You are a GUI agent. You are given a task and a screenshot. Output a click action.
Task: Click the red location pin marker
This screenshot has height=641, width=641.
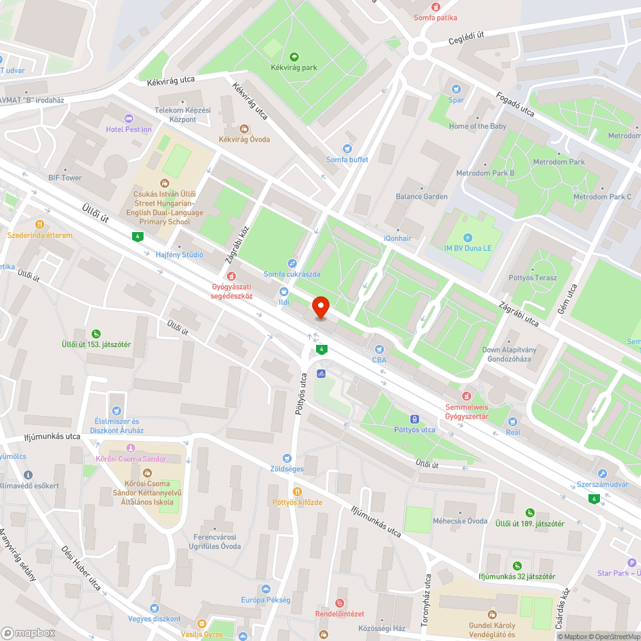(320, 308)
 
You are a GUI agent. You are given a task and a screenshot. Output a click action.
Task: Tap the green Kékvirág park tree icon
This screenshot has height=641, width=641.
(294, 56)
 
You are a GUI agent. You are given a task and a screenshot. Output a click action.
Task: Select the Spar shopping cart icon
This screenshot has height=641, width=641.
(456, 89)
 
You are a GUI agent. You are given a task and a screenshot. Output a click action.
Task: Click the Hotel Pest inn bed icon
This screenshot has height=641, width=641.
(129, 119)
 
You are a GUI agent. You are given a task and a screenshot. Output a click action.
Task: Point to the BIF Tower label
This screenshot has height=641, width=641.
(65, 178)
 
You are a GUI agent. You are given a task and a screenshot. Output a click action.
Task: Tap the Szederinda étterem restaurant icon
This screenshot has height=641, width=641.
(40, 224)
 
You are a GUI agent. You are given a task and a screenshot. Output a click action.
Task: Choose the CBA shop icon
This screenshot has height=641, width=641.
(379, 349)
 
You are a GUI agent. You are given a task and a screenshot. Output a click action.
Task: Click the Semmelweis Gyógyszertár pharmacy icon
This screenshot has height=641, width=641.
(467, 396)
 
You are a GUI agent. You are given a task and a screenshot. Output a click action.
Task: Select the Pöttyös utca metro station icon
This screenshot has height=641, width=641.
(415, 419)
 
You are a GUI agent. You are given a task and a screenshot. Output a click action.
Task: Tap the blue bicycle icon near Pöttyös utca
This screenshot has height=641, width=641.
(320, 373)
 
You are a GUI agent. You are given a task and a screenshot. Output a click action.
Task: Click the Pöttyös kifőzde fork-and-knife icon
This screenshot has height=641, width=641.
(297, 491)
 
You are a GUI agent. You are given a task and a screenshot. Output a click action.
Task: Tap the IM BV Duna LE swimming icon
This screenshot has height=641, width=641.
(467, 237)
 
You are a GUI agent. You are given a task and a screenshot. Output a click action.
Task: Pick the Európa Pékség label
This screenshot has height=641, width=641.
(265, 600)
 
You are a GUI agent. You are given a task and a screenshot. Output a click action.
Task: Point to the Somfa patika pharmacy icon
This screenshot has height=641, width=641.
(436, 7)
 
